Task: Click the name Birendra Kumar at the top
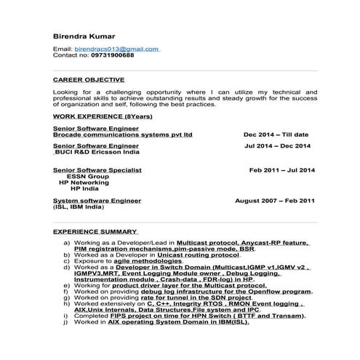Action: [82, 34]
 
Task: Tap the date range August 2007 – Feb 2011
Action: [275, 199]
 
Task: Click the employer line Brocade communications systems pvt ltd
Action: [123, 135]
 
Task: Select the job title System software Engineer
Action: [97, 199]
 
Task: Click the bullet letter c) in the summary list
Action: [67, 260]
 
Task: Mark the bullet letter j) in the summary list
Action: [67, 321]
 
